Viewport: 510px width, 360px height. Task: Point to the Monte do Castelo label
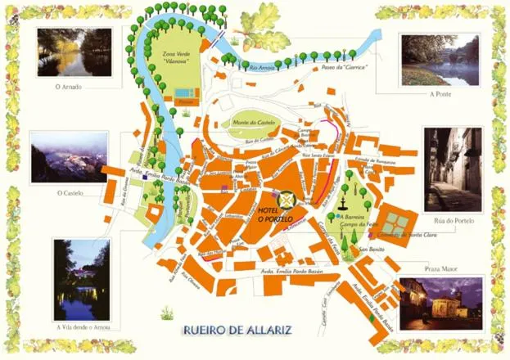(255, 122)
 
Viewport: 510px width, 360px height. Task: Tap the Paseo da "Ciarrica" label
(344, 66)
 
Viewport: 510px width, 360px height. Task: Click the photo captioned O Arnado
(74, 52)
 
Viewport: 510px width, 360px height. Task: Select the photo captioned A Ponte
(440, 60)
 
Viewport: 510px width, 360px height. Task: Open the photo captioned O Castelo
(69, 157)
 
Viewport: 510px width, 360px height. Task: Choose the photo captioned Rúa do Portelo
(452, 169)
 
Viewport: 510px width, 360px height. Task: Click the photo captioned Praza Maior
(441, 304)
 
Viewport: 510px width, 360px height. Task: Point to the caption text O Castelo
(71, 193)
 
